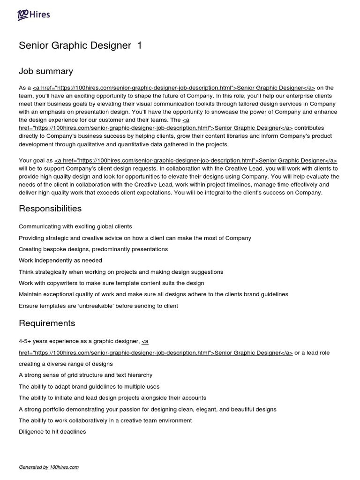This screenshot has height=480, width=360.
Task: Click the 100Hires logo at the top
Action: (33, 15)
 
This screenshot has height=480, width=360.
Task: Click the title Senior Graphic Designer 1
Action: (80, 45)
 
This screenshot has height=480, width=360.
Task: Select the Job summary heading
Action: (46, 71)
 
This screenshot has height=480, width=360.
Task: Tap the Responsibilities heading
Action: (50, 208)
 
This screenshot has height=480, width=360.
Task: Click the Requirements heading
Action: (47, 323)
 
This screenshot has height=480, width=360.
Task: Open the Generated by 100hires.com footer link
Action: (49, 467)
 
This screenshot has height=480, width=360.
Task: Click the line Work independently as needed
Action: (60, 260)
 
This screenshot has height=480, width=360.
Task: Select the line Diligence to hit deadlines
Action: (52, 432)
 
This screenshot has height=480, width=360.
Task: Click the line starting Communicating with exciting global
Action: (75, 226)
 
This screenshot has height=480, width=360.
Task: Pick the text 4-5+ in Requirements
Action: (26, 341)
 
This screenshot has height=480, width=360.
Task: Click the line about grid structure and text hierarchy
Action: (85, 375)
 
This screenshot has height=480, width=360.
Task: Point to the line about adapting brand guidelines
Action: (89, 386)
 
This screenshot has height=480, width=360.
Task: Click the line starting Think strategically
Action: (121, 272)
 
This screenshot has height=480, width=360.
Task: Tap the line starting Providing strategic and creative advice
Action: (135, 238)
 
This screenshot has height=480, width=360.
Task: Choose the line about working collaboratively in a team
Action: (105, 420)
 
